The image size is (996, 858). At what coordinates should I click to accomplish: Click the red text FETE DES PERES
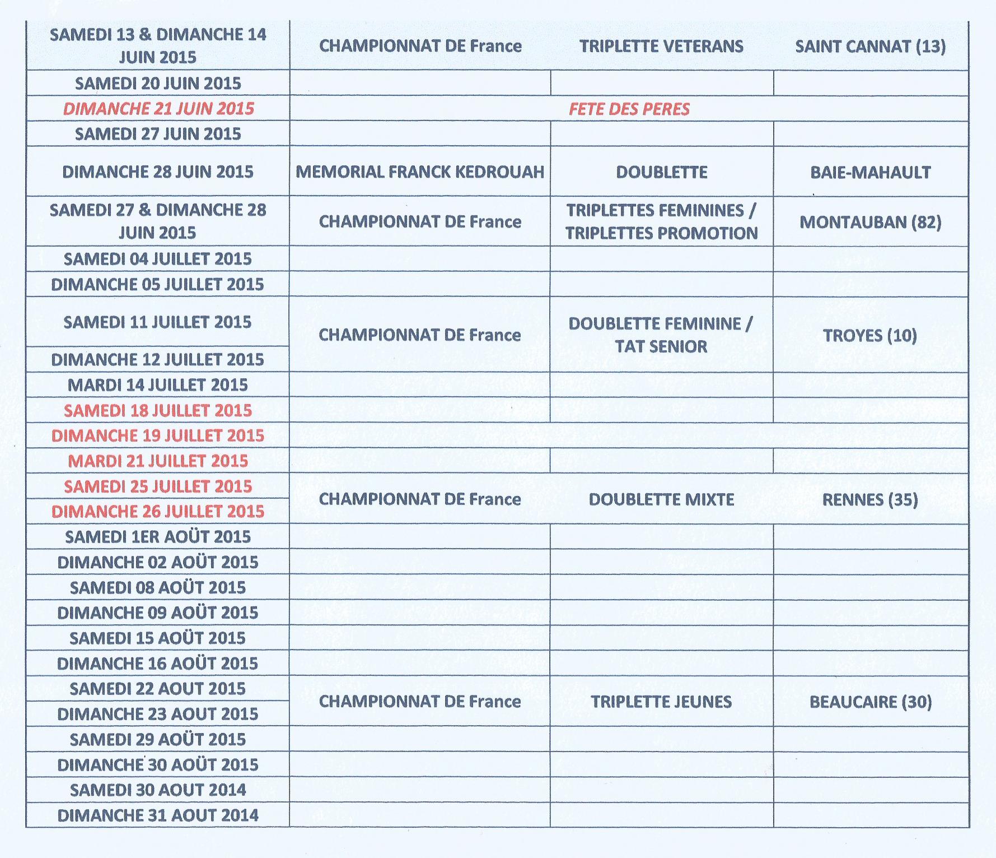click(629, 109)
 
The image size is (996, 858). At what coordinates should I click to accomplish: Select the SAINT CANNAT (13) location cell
click(870, 47)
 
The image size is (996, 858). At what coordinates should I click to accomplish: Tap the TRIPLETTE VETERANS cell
click(661, 47)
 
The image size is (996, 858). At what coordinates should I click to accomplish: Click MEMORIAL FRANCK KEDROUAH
click(420, 171)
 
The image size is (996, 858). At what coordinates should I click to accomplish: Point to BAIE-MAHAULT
click(870, 172)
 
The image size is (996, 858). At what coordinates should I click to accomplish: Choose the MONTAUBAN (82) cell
click(870, 222)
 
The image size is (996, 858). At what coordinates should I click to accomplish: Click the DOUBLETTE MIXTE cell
click(661, 499)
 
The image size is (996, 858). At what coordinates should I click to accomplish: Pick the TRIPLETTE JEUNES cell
click(661, 702)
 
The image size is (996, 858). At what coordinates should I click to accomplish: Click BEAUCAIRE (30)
click(870, 702)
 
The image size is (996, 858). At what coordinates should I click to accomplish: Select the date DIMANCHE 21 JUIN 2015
click(158, 109)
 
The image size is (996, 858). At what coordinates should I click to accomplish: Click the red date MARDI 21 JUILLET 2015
click(158, 461)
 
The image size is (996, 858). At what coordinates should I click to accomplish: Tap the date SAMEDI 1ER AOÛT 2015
click(158, 537)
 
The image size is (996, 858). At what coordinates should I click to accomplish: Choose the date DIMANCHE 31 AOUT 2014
click(158, 815)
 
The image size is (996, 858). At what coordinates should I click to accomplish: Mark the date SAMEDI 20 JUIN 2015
click(158, 84)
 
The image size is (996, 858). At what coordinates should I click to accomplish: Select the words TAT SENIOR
click(661, 346)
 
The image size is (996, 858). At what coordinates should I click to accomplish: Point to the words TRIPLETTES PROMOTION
click(661, 233)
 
